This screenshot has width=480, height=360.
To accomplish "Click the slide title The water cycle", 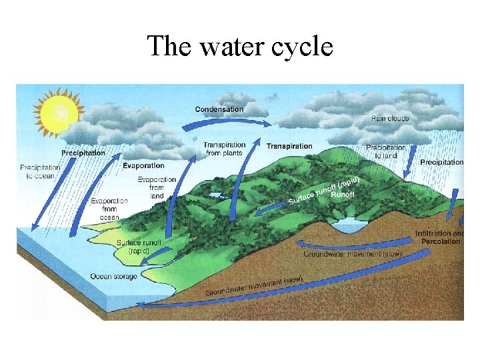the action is [239, 47].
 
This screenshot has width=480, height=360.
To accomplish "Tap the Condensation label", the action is [219, 109].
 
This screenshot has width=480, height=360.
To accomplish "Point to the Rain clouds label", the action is [390, 119].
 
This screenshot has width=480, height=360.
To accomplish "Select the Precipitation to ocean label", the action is [40, 171].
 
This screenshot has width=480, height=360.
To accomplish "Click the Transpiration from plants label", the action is [224, 149].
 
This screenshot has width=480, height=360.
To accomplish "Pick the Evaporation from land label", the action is [157, 187].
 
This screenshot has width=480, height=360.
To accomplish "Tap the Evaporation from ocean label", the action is [109, 209].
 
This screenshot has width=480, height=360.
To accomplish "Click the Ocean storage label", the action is [113, 276].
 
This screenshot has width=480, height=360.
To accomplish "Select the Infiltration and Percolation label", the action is [439, 237].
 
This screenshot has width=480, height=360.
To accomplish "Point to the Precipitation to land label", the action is [385, 151].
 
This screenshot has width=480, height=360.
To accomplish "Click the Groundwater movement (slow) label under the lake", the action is [353, 254].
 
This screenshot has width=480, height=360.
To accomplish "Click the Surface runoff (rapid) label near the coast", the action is [139, 247].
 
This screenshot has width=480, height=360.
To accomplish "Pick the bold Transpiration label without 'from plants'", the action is [289, 146].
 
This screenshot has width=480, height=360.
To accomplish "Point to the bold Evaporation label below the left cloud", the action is [143, 165].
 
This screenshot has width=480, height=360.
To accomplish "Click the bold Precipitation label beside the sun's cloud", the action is [83, 153].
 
